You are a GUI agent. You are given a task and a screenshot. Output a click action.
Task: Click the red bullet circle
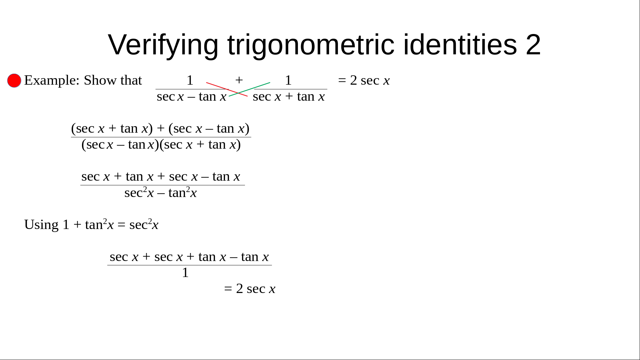coord(14,81)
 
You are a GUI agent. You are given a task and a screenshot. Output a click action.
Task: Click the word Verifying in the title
coord(163,45)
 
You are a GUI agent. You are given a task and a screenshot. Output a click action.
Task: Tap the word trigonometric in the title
coord(311,45)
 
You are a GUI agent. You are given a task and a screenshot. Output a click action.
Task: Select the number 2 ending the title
coord(533,45)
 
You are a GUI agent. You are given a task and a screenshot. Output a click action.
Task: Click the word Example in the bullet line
coord(52,81)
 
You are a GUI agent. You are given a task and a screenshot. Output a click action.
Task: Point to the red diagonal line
coord(227,89)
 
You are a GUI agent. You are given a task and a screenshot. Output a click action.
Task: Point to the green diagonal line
coord(249,89)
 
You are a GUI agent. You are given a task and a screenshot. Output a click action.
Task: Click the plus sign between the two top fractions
coord(239,80)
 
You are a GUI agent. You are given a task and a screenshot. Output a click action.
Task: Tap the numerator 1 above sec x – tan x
coord(190,80)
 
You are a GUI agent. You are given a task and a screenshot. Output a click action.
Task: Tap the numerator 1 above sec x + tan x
coord(288,80)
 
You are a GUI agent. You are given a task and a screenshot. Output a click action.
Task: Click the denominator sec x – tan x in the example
coord(192,97)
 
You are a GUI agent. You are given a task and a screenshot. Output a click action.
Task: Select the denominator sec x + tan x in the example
coord(289,97)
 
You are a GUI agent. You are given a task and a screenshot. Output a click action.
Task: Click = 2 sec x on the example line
coord(364,81)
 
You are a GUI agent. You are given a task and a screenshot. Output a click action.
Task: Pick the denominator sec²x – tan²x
coord(161,193)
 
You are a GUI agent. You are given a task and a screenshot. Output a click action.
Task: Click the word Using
coord(41,225)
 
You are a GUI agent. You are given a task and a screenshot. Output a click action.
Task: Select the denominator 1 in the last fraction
coord(185,273)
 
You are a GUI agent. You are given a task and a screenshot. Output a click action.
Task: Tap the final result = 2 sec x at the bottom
coord(250,289)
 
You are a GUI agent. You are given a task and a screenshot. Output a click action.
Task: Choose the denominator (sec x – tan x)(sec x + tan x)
coord(161,145)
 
